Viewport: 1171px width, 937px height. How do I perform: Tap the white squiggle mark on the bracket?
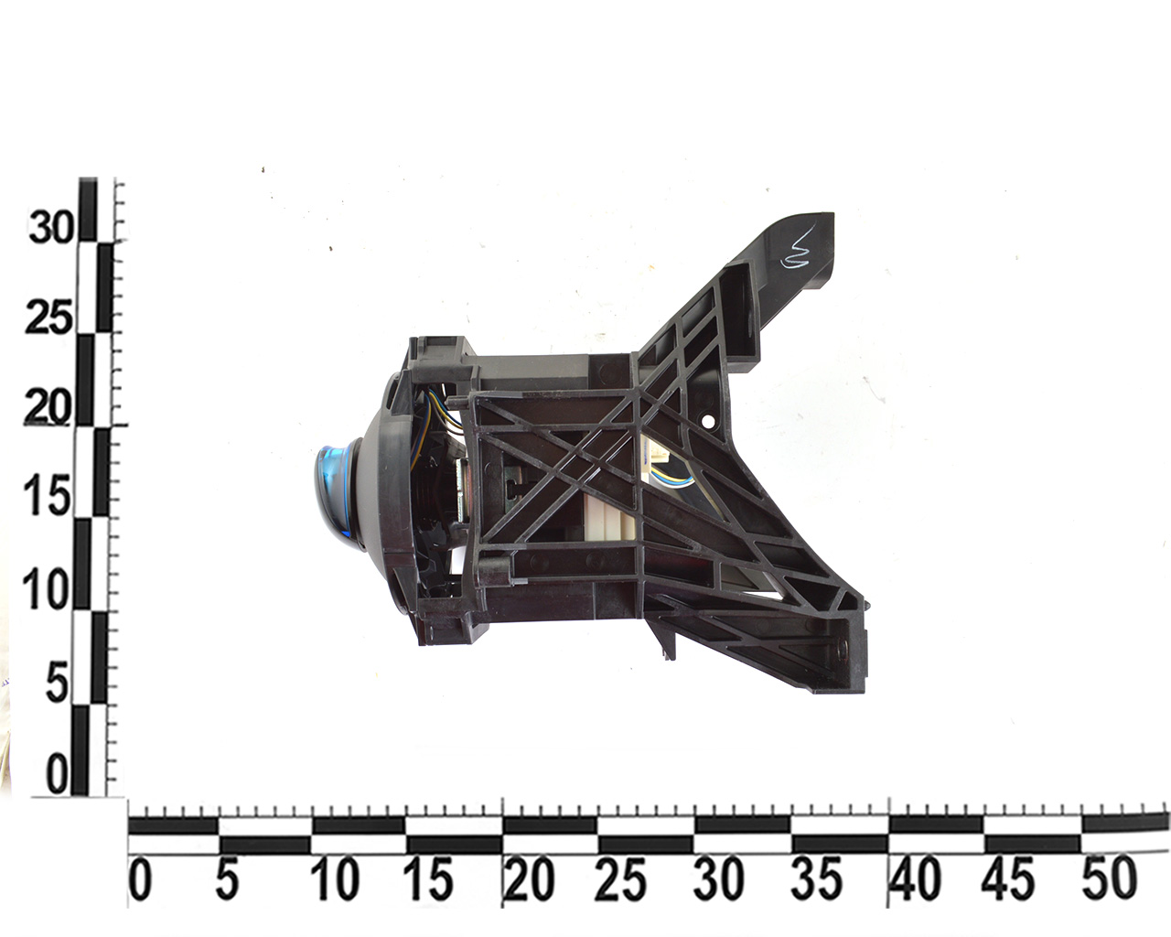[796, 251]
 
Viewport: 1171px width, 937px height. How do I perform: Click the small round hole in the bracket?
[708, 421]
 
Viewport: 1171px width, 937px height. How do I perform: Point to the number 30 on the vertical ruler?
[50, 228]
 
